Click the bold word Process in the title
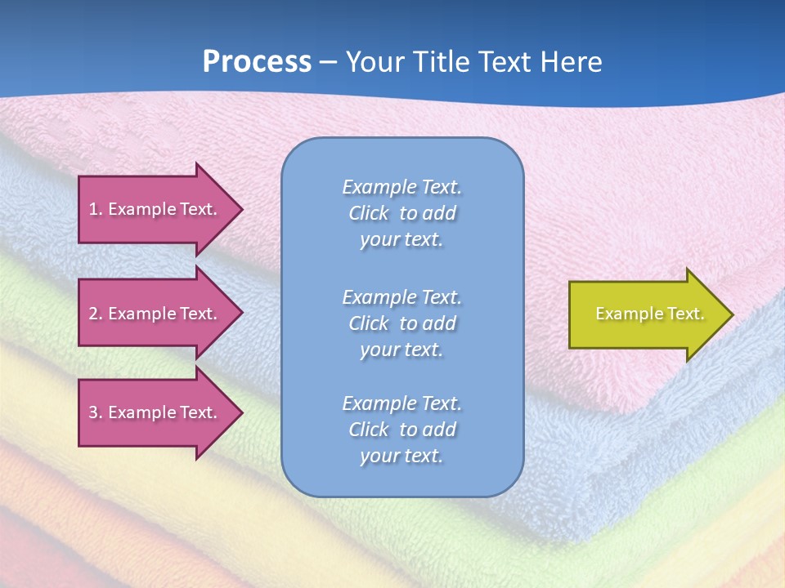pyautogui.click(x=257, y=62)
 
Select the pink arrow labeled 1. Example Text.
pyautogui.click(x=155, y=209)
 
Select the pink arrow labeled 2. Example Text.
pyautogui.click(x=155, y=314)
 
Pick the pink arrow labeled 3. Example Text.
pyautogui.click(x=155, y=412)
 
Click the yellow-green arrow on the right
pyautogui.click(x=646, y=314)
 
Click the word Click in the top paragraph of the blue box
pyautogui.click(x=369, y=213)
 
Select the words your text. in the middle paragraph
pyautogui.click(x=401, y=350)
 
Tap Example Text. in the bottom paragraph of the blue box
pyautogui.click(x=401, y=403)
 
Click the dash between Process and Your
pyautogui.click(x=328, y=62)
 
